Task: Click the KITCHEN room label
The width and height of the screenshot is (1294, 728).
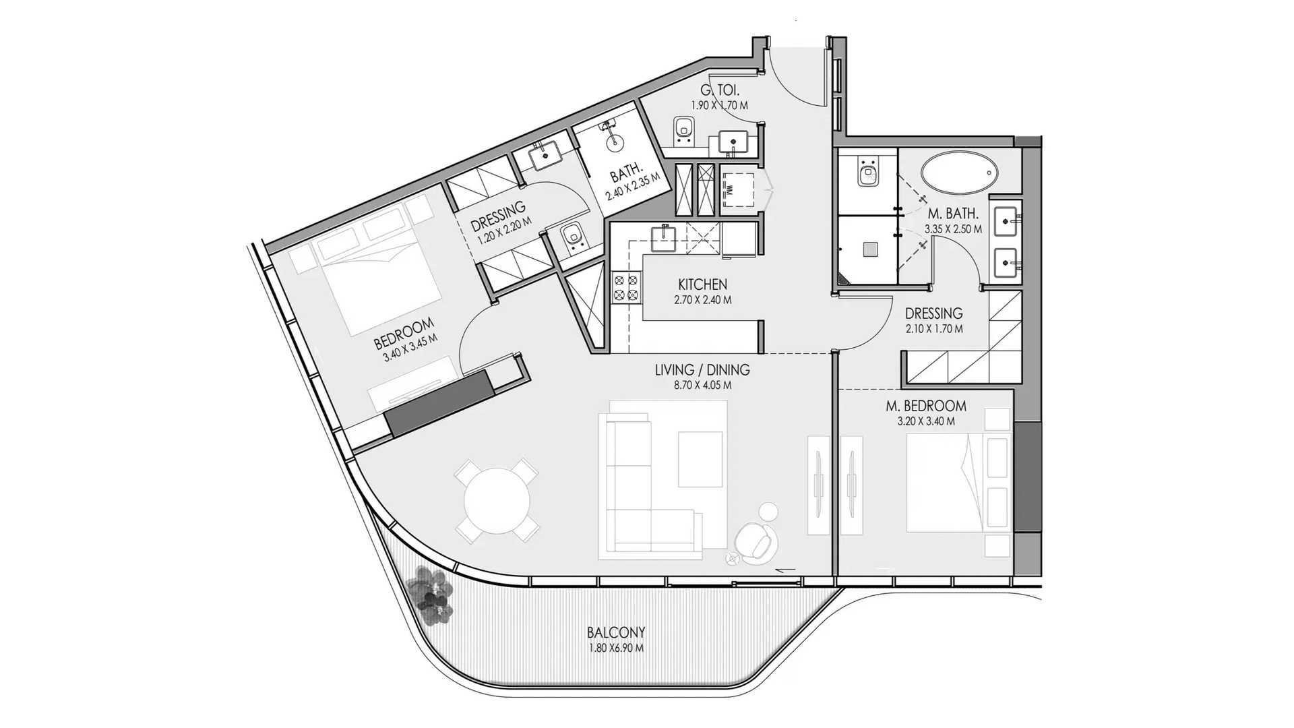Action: coord(702,284)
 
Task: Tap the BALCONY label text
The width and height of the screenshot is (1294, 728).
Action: coord(616,632)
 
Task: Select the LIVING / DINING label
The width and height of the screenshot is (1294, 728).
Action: coord(702,370)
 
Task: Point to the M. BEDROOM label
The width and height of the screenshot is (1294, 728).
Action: coord(925,406)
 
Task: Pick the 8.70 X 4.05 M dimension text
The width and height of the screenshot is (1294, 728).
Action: coord(702,386)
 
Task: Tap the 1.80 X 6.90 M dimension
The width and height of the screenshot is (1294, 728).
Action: coord(615,648)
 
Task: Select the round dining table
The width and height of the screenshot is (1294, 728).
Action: coord(497,501)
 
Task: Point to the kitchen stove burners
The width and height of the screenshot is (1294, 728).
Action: coord(624,287)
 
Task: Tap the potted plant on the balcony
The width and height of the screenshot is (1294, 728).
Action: coord(431,593)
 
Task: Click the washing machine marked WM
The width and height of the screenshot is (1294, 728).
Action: coord(739,191)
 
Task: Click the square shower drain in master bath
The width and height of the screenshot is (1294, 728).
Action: coord(870,249)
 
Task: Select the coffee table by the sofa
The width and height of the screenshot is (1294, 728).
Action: coord(700,458)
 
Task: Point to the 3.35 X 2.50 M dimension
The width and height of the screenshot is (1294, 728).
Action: coord(953,229)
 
